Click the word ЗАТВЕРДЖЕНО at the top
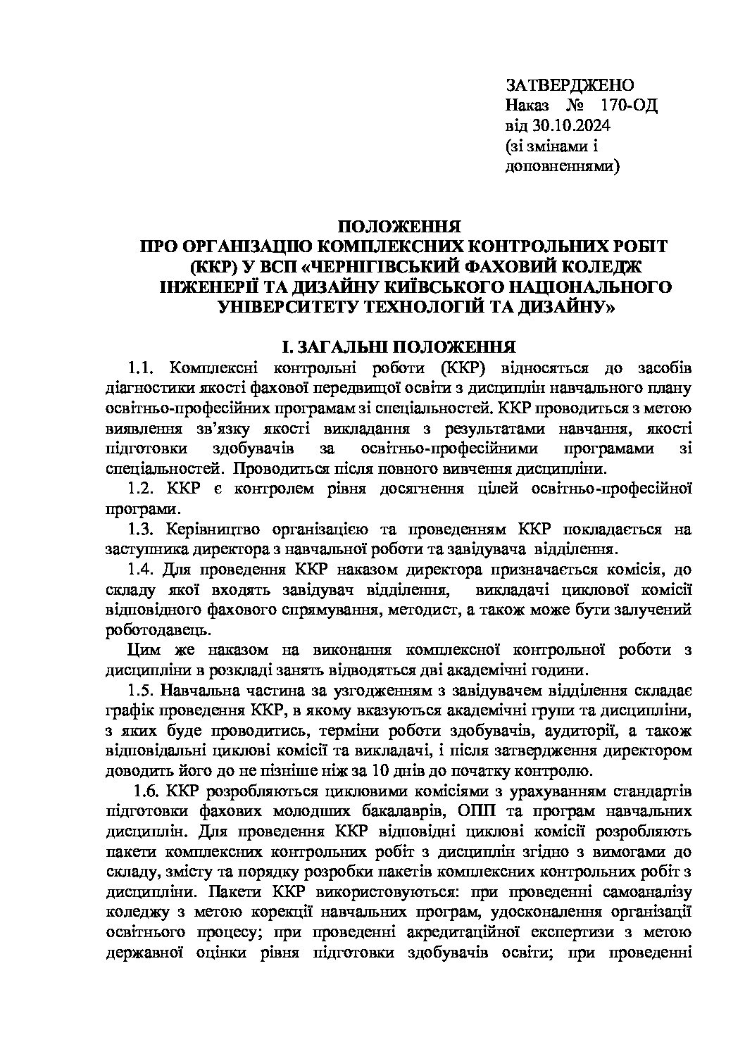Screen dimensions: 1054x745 coord(570,85)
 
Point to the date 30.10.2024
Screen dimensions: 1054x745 coord(574,126)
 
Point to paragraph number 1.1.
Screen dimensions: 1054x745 coord(140,368)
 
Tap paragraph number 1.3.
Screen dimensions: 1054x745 coord(140,529)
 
